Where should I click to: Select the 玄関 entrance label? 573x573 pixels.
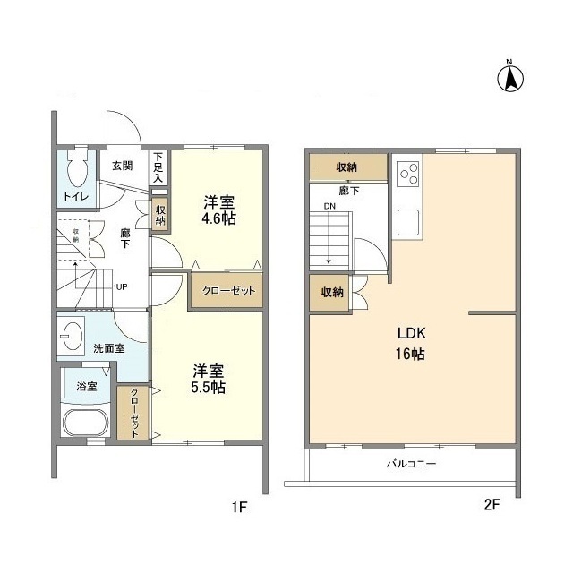122,166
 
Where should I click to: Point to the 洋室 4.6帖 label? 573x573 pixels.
218,210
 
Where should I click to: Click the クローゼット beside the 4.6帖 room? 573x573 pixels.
225,292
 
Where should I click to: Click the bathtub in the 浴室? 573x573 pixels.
85,422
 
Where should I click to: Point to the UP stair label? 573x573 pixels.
121,287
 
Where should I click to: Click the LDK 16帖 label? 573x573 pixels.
412,342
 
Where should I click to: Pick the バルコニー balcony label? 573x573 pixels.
411,465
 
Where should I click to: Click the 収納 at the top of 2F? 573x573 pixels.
347,167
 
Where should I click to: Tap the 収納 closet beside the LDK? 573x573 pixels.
331,293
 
